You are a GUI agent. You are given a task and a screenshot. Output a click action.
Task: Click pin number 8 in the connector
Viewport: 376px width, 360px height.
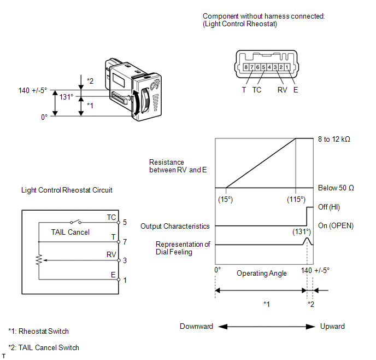click(246, 67)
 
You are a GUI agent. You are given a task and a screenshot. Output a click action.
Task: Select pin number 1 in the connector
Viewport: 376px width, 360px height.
click(287, 67)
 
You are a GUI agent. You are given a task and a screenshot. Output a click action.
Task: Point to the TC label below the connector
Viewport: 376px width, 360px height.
click(257, 90)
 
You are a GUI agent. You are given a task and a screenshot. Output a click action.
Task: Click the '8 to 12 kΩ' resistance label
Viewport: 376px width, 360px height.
click(334, 139)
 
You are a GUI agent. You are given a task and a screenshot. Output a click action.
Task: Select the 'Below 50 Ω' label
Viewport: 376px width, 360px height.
click(336, 188)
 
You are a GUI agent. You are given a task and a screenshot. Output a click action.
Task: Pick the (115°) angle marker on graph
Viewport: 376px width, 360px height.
click(296, 199)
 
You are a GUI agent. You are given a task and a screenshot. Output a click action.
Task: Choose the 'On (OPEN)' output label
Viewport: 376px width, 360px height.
click(335, 226)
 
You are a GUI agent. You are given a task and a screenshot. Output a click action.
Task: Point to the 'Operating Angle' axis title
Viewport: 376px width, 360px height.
click(262, 273)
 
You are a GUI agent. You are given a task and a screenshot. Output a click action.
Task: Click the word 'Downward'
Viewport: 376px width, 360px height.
click(196, 326)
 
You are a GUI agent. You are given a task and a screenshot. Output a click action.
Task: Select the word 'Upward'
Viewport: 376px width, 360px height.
click(332, 326)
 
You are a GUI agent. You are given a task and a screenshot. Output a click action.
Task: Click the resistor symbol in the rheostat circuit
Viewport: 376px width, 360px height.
click(39, 260)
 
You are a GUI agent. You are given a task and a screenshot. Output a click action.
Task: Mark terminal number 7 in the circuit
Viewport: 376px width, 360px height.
click(125, 241)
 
